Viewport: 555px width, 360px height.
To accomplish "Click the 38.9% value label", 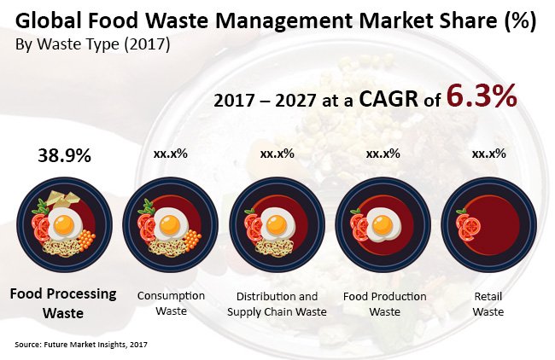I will (64, 155).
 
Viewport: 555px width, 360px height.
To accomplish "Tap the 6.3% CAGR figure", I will (482, 97).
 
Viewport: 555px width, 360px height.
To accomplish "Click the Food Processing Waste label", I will (63, 303).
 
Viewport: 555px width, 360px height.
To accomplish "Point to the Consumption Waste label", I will (171, 303).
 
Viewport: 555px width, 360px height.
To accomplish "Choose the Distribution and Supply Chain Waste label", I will (277, 303).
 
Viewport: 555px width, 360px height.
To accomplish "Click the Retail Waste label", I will (489, 303).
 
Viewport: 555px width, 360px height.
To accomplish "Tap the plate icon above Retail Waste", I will (489, 224).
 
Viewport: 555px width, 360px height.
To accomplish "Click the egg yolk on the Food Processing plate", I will (64, 226).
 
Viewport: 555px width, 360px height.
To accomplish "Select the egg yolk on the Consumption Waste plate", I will (171, 226).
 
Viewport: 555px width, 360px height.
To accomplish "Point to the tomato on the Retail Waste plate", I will (468, 226).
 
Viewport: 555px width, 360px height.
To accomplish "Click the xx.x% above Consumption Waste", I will (171, 154).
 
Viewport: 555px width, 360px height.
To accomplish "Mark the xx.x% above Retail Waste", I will (489, 154).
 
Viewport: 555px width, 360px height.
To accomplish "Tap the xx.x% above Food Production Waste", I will (383, 154).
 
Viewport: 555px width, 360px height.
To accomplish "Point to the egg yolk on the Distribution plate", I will (277, 226).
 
